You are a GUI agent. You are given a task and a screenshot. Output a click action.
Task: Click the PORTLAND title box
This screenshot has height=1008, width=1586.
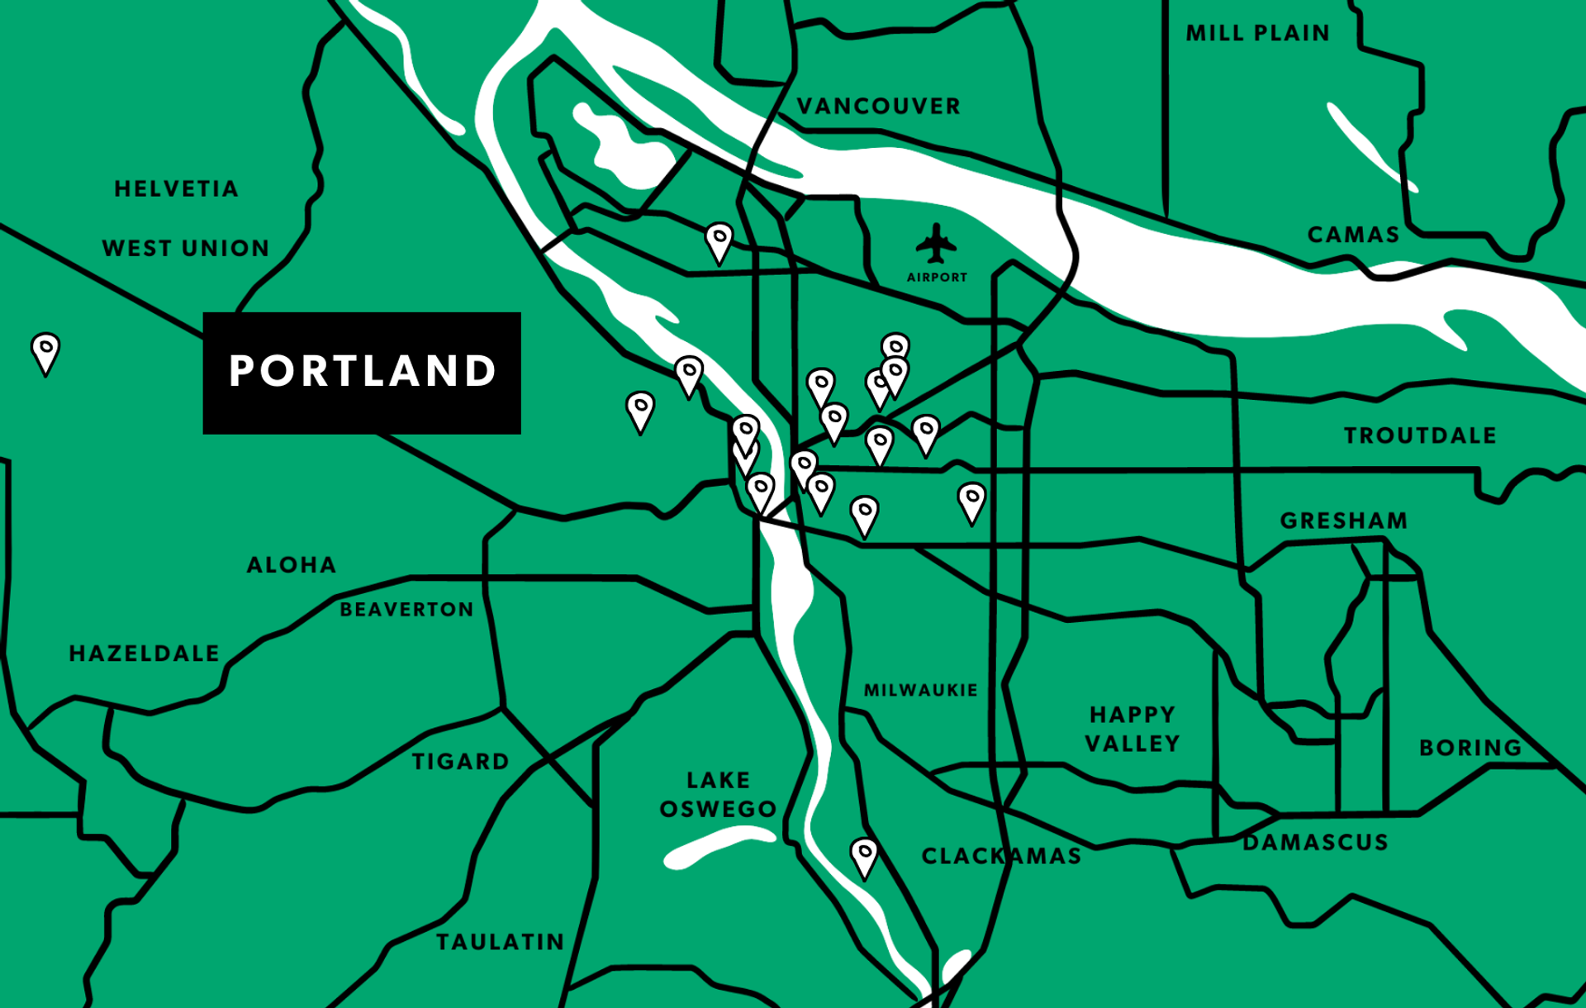362,373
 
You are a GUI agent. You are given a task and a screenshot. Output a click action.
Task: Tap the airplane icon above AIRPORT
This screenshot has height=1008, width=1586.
936,243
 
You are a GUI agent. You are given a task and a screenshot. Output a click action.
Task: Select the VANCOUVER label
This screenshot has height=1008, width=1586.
879,107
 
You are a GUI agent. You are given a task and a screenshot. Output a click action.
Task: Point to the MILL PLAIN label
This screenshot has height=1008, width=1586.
1258,33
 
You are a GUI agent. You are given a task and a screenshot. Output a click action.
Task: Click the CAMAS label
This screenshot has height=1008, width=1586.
1354,235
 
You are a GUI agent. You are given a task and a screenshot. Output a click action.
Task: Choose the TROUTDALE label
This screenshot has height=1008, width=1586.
1420,435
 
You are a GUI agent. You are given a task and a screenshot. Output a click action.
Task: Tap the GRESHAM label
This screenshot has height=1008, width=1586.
1344,521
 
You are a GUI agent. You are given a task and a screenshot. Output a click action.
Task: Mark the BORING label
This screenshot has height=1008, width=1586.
1470,748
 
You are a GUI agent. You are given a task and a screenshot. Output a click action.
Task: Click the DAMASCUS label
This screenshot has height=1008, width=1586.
1316,843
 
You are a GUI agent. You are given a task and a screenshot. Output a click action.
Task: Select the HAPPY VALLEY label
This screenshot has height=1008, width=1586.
1133,729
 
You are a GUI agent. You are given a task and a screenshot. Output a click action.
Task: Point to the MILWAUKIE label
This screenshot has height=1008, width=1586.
921,690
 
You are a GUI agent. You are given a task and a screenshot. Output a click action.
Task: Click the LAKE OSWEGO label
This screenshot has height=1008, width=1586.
719,794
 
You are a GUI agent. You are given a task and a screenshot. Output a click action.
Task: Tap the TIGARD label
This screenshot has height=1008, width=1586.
461,761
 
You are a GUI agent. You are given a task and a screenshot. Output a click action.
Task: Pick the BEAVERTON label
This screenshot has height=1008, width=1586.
407,610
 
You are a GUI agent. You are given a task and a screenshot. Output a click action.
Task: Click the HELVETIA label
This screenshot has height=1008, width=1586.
177,189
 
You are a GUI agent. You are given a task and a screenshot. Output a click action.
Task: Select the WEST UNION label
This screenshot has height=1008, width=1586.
186,249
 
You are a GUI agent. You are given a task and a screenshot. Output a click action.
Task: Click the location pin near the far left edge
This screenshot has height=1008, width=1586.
45,352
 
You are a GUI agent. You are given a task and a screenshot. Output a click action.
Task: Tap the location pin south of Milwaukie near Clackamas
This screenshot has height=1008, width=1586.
864,857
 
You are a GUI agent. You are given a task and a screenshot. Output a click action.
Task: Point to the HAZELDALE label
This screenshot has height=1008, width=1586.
145,654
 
